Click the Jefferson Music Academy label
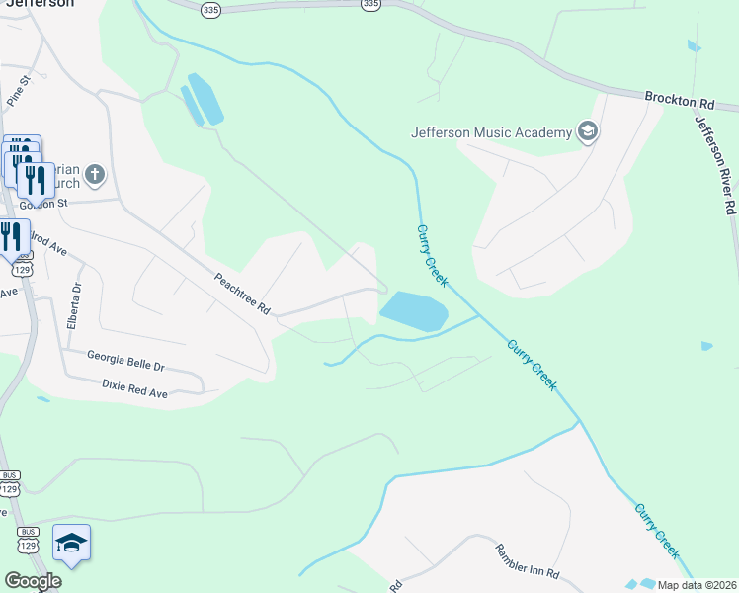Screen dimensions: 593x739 click(x=492, y=132)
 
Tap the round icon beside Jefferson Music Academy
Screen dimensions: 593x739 click(x=588, y=132)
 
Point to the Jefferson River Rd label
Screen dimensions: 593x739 click(x=716, y=164)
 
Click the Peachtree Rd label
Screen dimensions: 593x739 click(x=242, y=294)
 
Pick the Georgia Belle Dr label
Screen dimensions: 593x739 click(x=125, y=360)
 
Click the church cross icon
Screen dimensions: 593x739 click(x=94, y=176)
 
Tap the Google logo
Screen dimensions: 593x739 click(x=33, y=581)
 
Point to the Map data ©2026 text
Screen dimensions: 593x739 click(x=697, y=585)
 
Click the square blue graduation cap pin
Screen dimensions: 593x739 click(x=71, y=543)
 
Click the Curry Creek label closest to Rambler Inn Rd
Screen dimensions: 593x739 click(x=656, y=532)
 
